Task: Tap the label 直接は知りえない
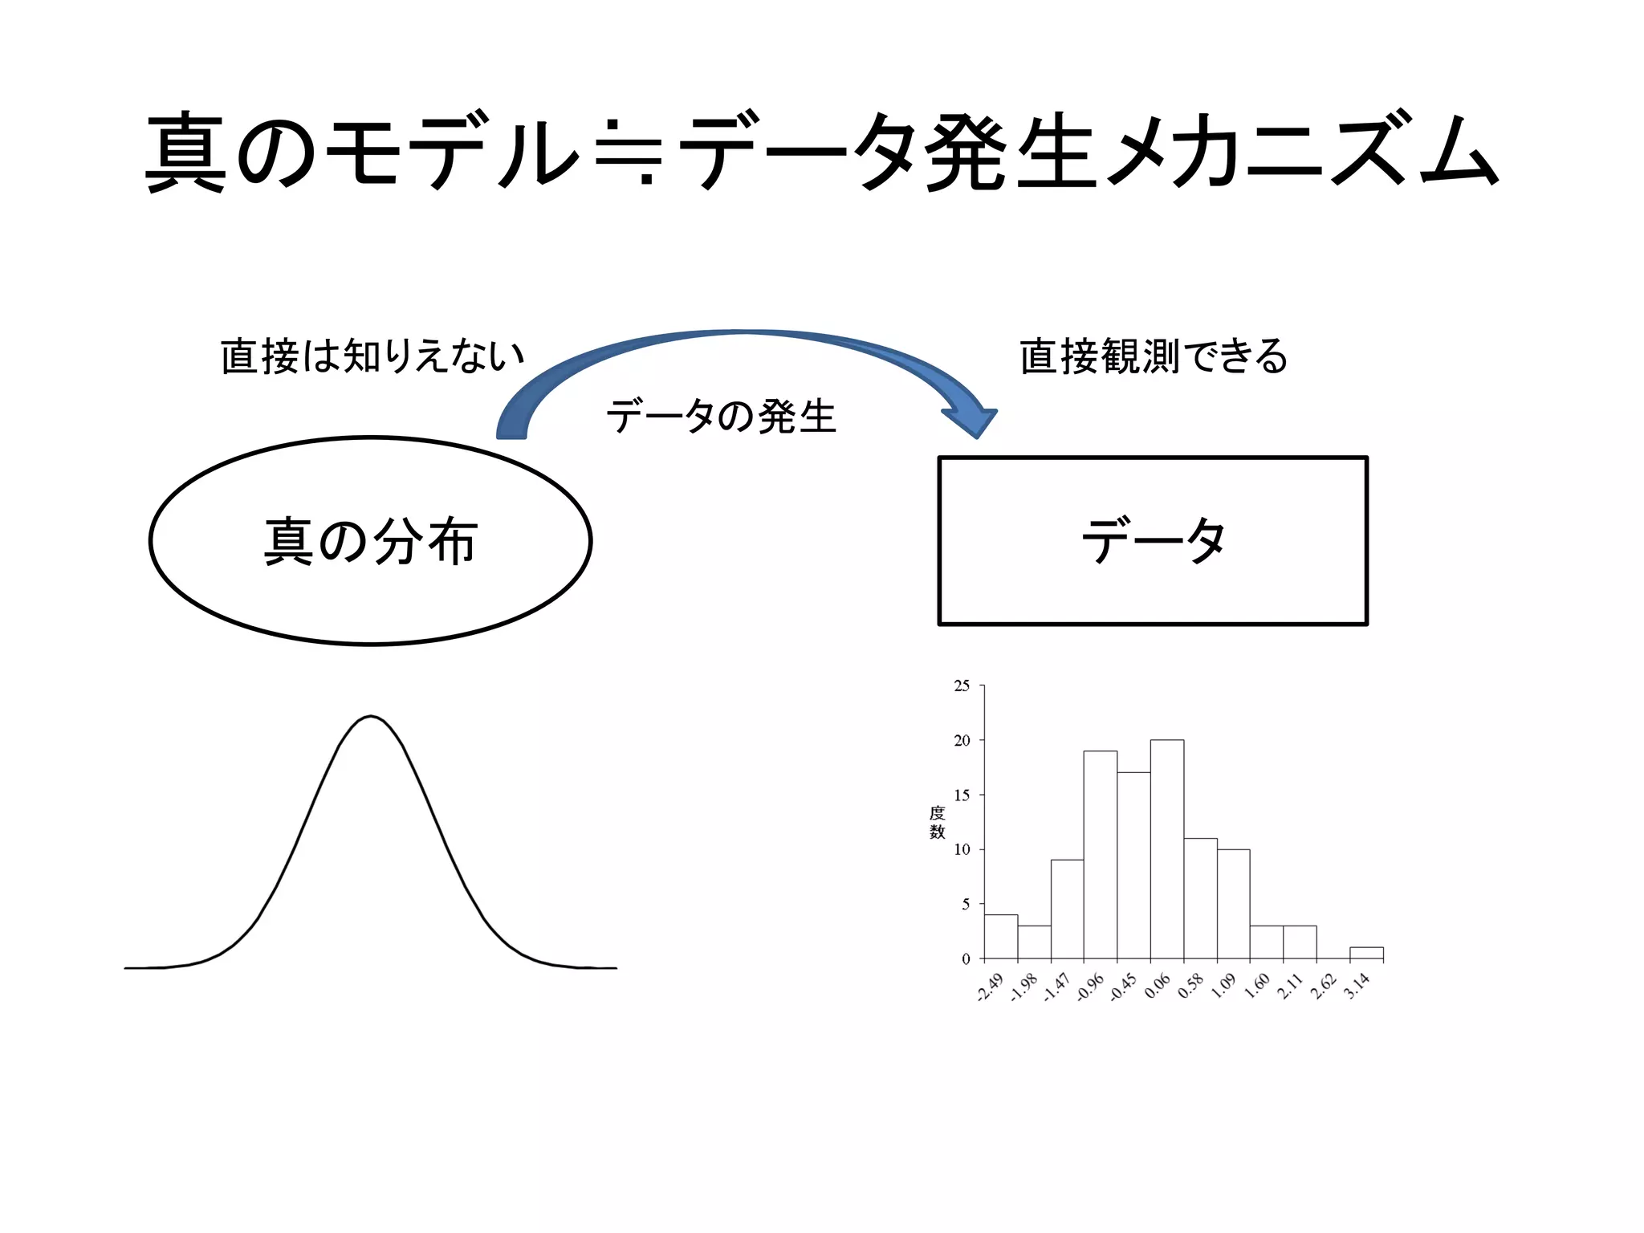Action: click(x=372, y=356)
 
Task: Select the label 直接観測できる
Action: click(x=1154, y=356)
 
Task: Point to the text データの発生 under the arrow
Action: click(x=721, y=417)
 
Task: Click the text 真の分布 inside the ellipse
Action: click(x=371, y=541)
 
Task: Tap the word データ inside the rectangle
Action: click(x=1153, y=540)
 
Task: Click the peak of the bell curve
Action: click(x=371, y=717)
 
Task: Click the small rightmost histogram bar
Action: click(x=1366, y=953)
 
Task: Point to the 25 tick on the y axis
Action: click(x=962, y=686)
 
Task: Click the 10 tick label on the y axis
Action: click(x=962, y=849)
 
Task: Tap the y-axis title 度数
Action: click(x=937, y=822)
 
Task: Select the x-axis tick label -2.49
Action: click(x=991, y=987)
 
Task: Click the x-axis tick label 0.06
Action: click(x=1157, y=986)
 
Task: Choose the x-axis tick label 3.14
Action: click(x=1357, y=986)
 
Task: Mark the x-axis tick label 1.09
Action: click(x=1223, y=986)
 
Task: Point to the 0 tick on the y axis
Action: click(x=966, y=958)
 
